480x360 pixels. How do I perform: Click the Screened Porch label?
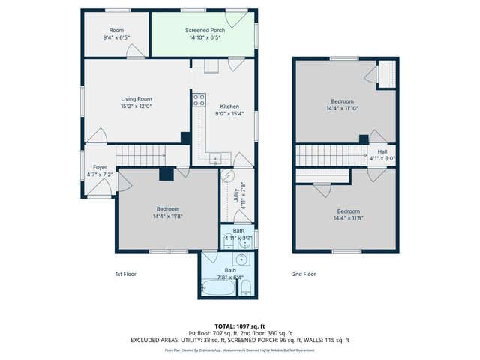click(x=202, y=31)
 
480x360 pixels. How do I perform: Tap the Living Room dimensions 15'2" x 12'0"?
click(x=136, y=106)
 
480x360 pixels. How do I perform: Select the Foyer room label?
click(x=100, y=167)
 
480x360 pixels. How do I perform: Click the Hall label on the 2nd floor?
click(x=382, y=151)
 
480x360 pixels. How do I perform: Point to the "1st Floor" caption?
click(x=125, y=274)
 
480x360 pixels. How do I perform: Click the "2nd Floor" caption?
click(x=304, y=274)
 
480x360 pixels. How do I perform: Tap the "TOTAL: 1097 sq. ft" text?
click(x=240, y=326)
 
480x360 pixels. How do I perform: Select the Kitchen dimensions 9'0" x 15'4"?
click(x=229, y=114)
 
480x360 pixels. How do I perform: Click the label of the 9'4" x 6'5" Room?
click(x=116, y=31)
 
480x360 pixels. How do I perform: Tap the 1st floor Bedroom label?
click(x=167, y=208)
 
